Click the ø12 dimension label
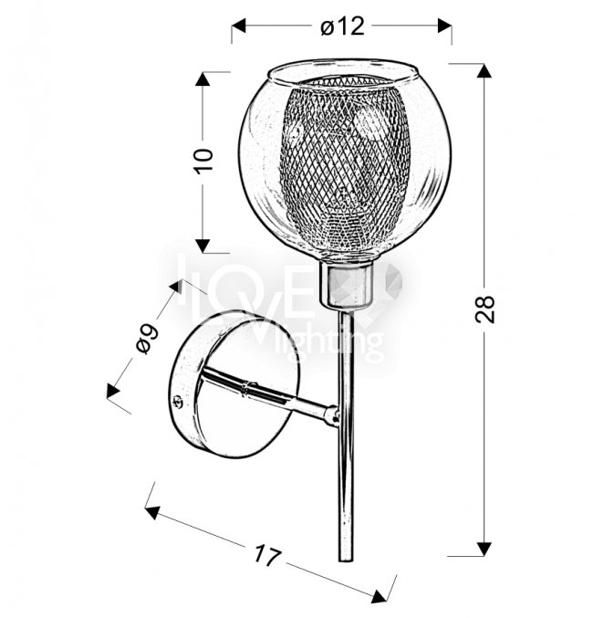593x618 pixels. [342, 26]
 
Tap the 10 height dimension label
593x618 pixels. [203, 160]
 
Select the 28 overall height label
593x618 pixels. [484, 309]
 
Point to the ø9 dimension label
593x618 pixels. [148, 338]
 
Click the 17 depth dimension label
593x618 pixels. [267, 555]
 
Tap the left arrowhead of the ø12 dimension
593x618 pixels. [238, 26]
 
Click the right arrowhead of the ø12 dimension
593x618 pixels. [445, 26]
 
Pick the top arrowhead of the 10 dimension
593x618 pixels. [203, 79]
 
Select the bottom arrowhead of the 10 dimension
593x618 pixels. [203, 246]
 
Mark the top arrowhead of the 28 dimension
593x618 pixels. [484, 70]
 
